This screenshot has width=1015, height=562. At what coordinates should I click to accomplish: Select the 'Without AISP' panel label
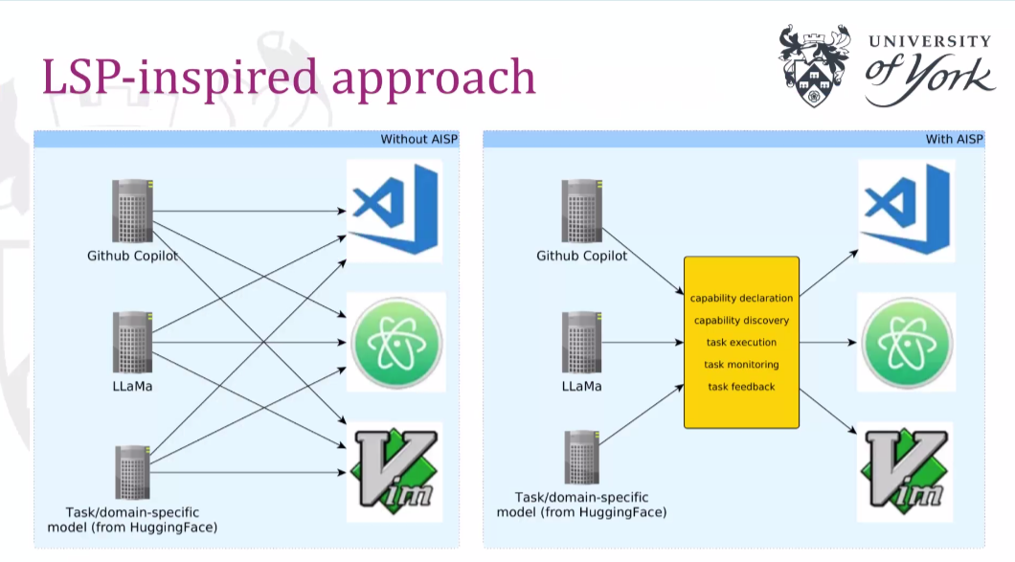418,139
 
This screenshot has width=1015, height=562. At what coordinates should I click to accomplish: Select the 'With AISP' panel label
954,139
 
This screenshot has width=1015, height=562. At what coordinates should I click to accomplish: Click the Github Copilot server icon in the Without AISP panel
133,211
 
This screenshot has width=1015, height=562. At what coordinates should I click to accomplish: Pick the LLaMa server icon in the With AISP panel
581,343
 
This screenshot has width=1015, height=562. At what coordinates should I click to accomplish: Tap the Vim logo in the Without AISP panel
395,471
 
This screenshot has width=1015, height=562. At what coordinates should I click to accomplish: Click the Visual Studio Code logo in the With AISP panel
906,210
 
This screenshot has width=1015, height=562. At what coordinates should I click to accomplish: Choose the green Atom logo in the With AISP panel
907,343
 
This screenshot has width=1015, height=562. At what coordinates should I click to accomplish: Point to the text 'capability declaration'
741,298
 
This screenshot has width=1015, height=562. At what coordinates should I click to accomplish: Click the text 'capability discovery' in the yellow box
741,321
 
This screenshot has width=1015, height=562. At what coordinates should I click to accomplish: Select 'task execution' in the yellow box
741,343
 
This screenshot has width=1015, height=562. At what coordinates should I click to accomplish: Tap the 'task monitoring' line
741,365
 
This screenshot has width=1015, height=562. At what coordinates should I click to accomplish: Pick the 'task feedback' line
741,387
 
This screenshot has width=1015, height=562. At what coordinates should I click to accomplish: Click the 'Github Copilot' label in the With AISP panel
581,256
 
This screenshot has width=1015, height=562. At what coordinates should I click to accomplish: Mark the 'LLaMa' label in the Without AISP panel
132,387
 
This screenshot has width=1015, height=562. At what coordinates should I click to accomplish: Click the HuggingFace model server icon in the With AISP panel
581,457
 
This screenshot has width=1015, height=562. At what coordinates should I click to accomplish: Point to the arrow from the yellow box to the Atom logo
828,343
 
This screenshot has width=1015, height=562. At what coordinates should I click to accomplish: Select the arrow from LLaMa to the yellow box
643,343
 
